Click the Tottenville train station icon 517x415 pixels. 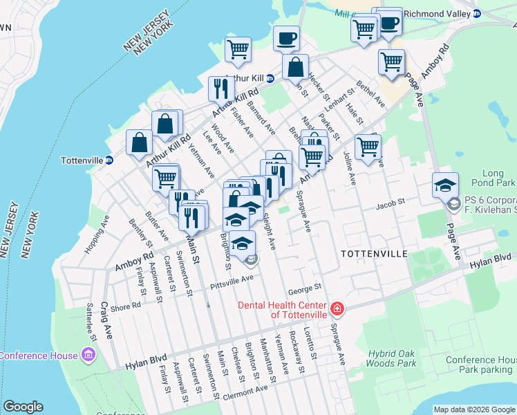pos(109,160)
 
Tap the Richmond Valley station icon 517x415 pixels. pos(476,14)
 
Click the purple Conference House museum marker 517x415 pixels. pos(88,356)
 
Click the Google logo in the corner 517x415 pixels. pos(23,407)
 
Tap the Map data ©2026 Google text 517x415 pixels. pos(474,409)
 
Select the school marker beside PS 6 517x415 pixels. pos(445,185)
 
